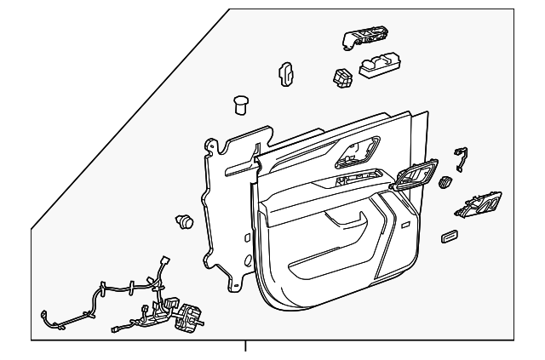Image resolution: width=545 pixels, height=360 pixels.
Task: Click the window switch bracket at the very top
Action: click(x=364, y=38)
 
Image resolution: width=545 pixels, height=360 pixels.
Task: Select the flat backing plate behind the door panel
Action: click(x=226, y=204)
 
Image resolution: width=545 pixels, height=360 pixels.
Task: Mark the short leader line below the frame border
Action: click(x=246, y=346)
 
